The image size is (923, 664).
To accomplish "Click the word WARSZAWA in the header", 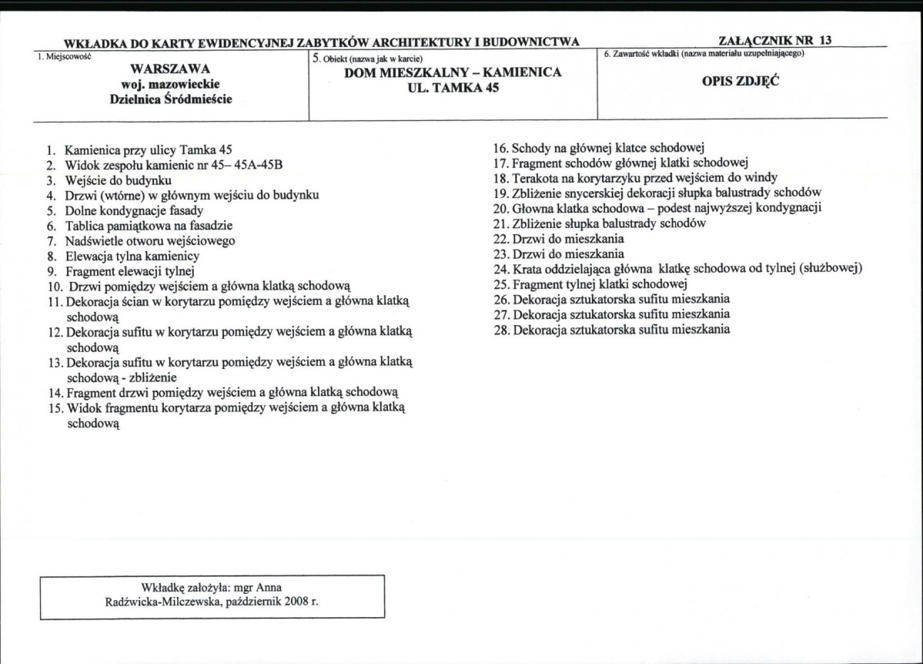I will (171, 69).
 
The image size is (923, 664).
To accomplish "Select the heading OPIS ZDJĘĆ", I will (741, 81).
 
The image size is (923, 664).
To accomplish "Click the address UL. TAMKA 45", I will (452, 88).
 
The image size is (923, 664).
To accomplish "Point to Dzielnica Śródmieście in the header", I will (171, 99).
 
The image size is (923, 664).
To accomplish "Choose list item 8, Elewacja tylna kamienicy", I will (132, 256).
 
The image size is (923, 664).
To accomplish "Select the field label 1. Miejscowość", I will (65, 56).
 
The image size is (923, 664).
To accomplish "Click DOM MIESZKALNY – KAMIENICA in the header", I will (452, 73).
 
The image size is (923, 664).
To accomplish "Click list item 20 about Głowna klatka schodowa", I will (658, 208).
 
